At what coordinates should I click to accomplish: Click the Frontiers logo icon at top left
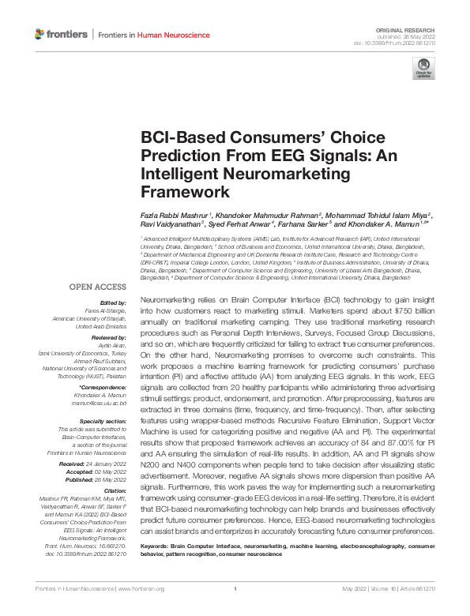(x=40, y=34)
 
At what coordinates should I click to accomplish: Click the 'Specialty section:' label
(x=104, y=421)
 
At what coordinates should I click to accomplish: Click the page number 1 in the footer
(x=235, y=610)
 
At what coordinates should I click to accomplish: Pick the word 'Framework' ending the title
(x=179, y=191)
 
